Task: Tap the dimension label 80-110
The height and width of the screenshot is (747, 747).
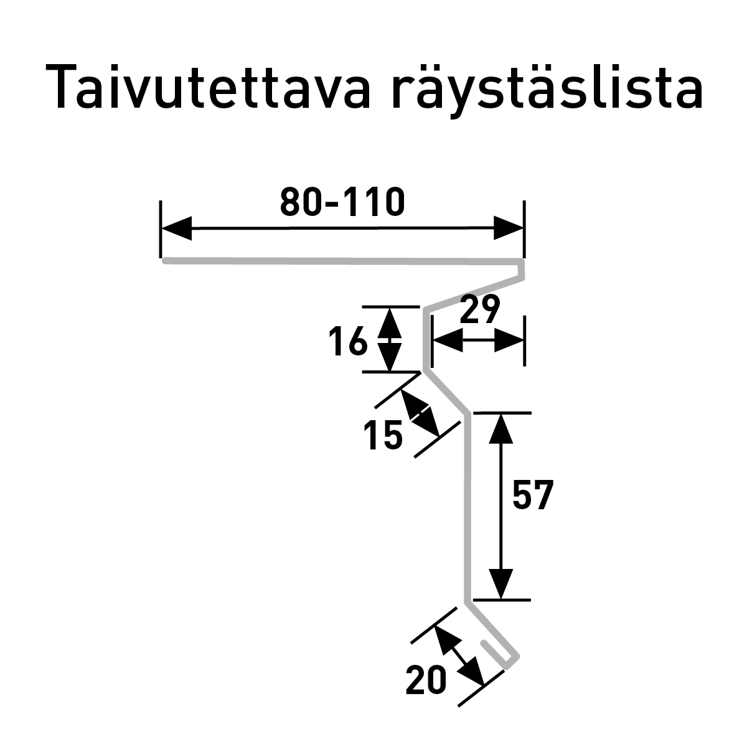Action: click(342, 202)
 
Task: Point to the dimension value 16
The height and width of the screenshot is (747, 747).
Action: click(348, 341)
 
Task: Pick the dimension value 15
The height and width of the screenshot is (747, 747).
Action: click(383, 436)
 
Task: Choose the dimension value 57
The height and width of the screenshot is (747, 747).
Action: click(533, 495)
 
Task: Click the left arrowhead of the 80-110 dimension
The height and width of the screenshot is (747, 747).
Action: click(176, 228)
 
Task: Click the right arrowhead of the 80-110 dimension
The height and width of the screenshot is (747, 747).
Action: click(509, 228)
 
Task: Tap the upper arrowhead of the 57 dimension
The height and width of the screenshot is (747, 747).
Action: click(501, 428)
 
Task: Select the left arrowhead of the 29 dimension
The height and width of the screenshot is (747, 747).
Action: click(448, 341)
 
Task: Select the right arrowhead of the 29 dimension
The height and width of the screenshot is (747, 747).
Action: click(509, 341)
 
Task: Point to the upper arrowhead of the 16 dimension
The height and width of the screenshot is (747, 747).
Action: click(390, 323)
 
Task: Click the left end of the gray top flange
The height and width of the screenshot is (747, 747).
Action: click(165, 261)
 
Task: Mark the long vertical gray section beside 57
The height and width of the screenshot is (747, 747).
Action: click(467, 509)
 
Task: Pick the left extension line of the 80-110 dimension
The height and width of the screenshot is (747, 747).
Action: click(161, 229)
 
